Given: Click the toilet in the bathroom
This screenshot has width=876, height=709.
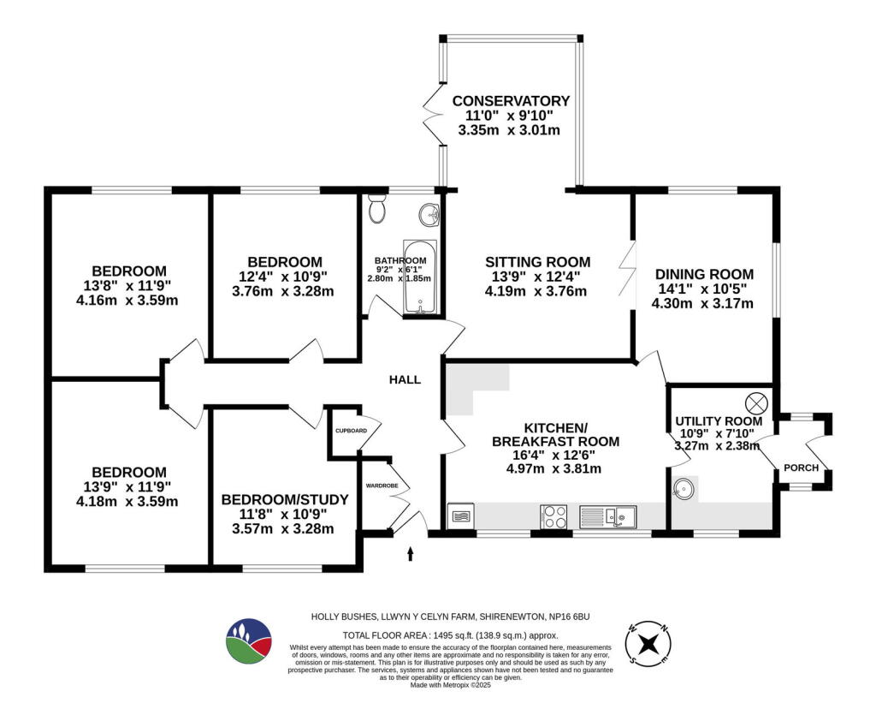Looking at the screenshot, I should pos(377,208).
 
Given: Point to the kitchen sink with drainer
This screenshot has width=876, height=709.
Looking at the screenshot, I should pos(607,516).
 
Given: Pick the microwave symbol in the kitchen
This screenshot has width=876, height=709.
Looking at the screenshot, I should pos(459,516).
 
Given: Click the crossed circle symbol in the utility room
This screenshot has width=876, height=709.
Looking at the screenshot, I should pos(757,402).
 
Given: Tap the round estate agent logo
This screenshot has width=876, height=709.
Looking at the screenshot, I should pos(249,640).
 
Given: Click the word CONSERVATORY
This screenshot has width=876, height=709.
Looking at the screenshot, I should pos(511,101).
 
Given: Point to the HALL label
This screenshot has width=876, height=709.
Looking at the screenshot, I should pos(405,379).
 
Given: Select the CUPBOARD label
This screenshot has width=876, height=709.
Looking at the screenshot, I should pos(351,431).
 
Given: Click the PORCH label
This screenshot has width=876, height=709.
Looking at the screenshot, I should pos(802,468).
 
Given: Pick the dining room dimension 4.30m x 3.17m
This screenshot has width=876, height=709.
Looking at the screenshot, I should pos(702,303).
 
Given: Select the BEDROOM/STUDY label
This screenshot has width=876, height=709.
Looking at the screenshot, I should pos(285,500).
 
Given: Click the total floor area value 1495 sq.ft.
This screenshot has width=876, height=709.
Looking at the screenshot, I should pos(445,635).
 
